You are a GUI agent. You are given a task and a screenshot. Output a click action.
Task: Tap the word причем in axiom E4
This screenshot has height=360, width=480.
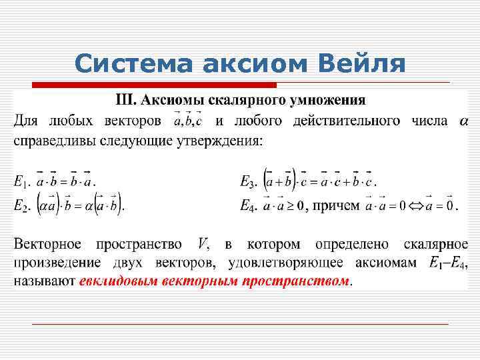tap(336, 205)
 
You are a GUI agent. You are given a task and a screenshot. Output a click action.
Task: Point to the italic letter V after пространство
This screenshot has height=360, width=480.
tap(203, 245)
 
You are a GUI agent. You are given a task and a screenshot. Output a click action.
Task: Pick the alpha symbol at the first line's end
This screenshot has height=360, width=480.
tap(464, 122)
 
